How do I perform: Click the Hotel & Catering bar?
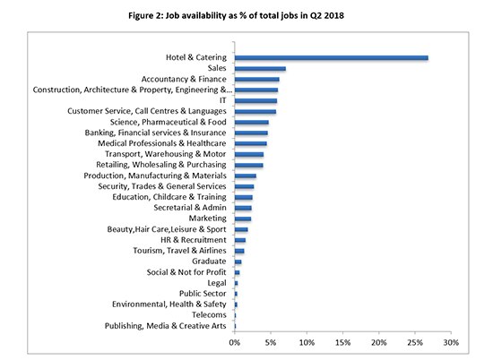coord(332,58)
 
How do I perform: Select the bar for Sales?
coord(260,68)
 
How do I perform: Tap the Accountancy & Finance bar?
coord(257,79)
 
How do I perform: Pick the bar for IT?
coord(256,101)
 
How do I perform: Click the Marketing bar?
coord(243,219)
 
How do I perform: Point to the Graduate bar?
coord(238,261)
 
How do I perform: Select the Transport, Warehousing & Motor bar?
coord(249,154)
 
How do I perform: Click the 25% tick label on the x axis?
coord(415,342)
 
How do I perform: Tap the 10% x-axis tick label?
coord(307,342)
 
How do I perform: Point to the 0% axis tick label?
coord(235,342)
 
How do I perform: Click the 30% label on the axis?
coord(451,342)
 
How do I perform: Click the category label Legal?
coord(217,283)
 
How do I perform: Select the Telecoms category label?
coord(209,314)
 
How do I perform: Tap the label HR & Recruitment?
coord(194,240)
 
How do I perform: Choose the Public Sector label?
coord(203,294)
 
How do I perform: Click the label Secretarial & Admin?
coord(190,208)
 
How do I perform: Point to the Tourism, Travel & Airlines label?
coord(179,251)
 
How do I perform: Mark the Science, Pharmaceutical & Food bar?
coord(252,122)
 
